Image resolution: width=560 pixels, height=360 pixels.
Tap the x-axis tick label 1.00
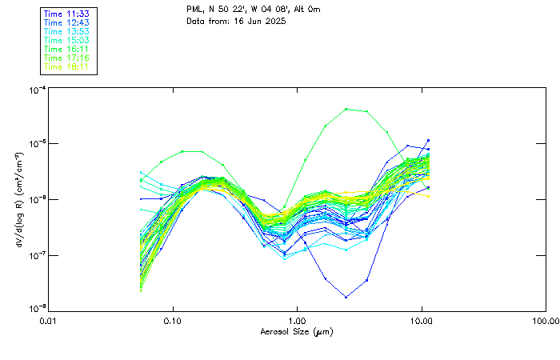coord(297,321)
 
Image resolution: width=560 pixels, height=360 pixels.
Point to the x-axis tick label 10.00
coord(421,321)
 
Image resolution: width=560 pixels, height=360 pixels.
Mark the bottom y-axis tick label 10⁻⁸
coord(36,309)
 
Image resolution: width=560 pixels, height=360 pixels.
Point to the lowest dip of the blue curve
coord(346,297)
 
